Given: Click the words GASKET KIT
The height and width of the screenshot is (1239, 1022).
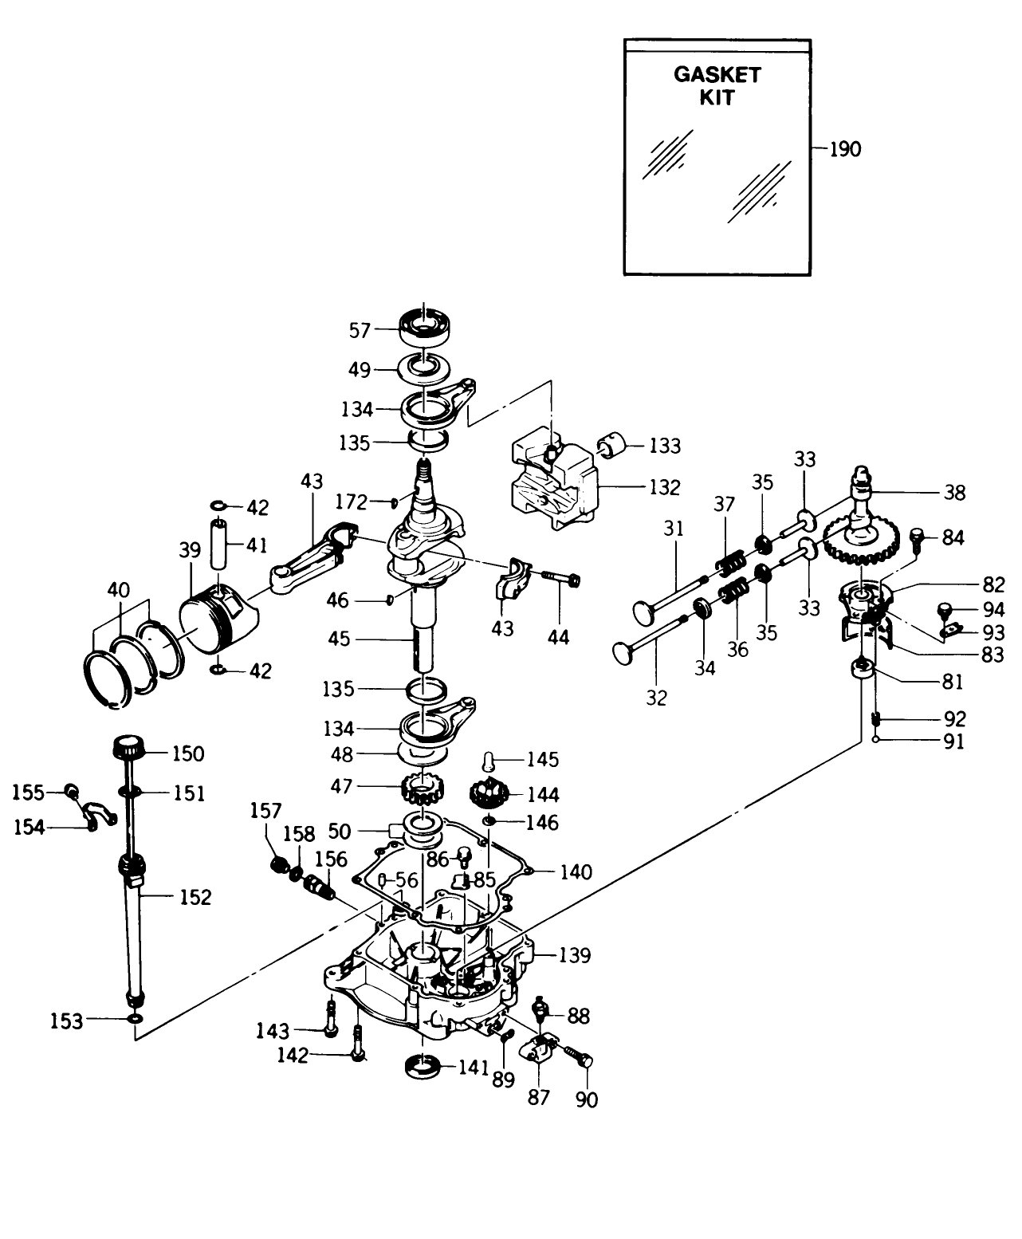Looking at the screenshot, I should pos(717,86).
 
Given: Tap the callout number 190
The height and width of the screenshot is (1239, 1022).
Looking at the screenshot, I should pos(845,149).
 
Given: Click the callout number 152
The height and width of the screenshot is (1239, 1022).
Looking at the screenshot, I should pos(195,897).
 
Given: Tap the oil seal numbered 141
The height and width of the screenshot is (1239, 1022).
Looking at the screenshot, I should pos(423,1066).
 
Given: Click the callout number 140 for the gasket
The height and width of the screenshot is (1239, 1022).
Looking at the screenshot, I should pos(576,872).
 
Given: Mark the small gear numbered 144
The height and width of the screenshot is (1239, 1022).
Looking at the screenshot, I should pos(489,794).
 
